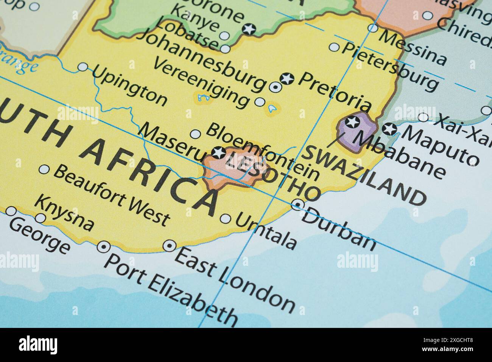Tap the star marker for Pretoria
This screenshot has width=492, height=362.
(287, 79)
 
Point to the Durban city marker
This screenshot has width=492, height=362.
(298, 205)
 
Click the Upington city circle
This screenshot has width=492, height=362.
(83, 67)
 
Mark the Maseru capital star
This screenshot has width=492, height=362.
(218, 153)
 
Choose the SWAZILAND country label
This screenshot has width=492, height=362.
(365, 175)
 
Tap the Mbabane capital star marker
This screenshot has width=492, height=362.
(353, 122)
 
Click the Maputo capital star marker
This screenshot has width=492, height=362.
(389, 129)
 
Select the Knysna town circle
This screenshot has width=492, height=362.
(40, 218)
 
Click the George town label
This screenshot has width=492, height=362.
(40, 236)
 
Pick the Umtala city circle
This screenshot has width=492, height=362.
(225, 218)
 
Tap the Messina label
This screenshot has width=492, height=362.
(413, 47)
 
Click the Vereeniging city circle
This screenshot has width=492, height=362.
(260, 101)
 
